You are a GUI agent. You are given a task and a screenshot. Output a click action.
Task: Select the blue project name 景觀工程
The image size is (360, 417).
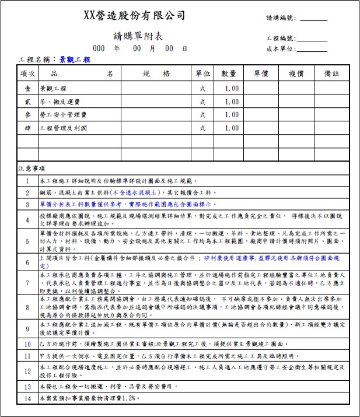75,59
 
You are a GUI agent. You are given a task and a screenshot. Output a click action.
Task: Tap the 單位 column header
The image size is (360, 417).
202,74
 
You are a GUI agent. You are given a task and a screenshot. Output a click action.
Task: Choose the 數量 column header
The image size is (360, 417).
229,74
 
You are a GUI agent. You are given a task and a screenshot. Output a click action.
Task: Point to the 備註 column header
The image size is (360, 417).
332,74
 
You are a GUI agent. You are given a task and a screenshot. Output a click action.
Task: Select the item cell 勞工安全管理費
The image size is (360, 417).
63,115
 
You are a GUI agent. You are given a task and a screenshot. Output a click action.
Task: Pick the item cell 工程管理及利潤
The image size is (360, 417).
63,128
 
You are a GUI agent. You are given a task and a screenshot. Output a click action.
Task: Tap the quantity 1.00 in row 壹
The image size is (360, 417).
231,88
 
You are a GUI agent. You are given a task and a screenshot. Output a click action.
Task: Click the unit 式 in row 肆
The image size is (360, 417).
202,128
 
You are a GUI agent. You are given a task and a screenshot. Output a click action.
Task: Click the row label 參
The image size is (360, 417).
27,115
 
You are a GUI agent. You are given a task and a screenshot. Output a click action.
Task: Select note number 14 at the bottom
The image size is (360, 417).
27,399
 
